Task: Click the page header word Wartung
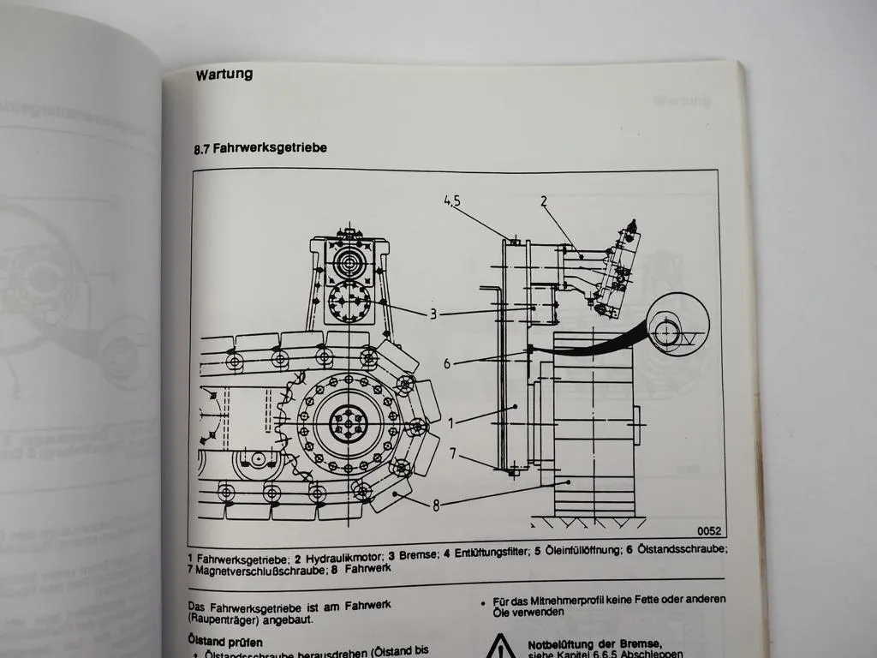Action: tap(224, 74)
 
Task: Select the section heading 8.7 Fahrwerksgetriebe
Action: tap(260, 148)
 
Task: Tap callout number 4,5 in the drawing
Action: tap(453, 201)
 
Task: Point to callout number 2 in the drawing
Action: tap(543, 201)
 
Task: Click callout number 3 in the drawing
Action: tap(433, 314)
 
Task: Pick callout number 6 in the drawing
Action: tap(446, 363)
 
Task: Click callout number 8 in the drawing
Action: tap(436, 505)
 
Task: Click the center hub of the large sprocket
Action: tap(348, 422)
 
